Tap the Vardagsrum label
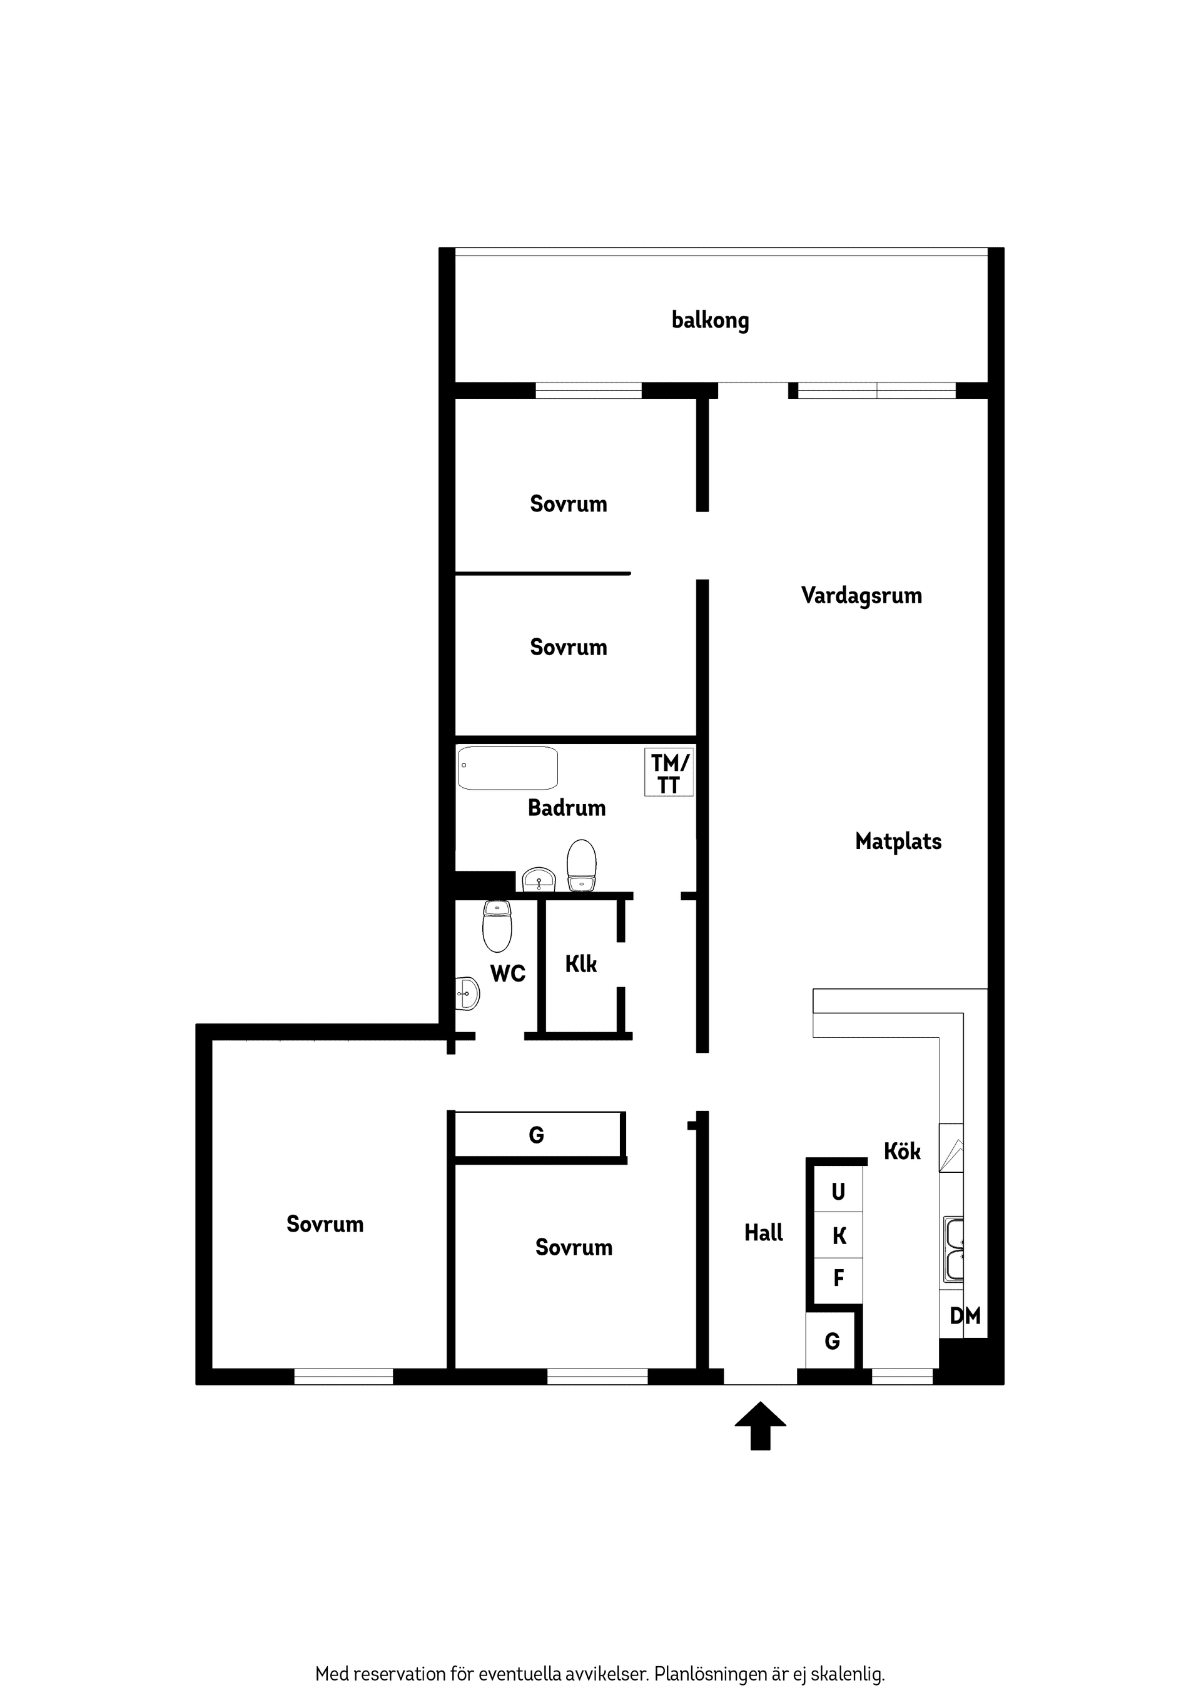(x=861, y=595)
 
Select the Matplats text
(x=898, y=841)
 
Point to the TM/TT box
(x=669, y=773)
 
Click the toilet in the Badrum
(x=582, y=865)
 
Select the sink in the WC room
(x=467, y=993)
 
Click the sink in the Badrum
(x=539, y=880)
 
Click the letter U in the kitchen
(x=838, y=1192)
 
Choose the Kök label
(x=902, y=1151)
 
